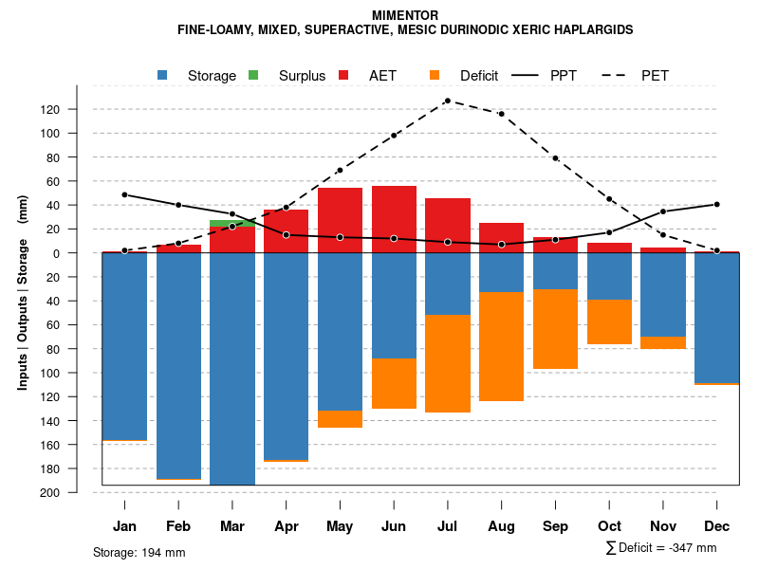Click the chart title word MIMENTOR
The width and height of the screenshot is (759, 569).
(x=405, y=16)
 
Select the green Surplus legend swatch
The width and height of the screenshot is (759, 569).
(x=253, y=75)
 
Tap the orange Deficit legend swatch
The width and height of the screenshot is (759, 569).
(x=435, y=75)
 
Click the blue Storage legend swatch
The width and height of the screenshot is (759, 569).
(x=163, y=75)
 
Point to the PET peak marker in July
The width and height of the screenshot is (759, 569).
(x=447, y=101)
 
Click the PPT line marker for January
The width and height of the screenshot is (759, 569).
(x=124, y=194)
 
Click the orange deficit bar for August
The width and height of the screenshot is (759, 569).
(x=501, y=346)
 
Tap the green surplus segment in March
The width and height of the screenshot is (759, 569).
(x=231, y=223)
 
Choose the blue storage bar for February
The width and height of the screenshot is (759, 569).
(x=178, y=365)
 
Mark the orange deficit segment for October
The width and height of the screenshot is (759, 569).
(x=609, y=321)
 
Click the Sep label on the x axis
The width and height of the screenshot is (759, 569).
(x=556, y=526)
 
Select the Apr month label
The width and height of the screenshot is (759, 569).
(x=286, y=526)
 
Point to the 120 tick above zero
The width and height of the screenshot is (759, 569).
(x=50, y=109)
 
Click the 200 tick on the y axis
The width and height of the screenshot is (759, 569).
(x=50, y=492)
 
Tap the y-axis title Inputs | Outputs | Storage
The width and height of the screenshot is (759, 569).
(x=23, y=293)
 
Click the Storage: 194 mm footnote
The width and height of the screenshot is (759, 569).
(x=139, y=552)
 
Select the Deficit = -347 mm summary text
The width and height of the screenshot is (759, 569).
(x=661, y=548)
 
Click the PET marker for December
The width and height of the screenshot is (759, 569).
(x=717, y=250)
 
